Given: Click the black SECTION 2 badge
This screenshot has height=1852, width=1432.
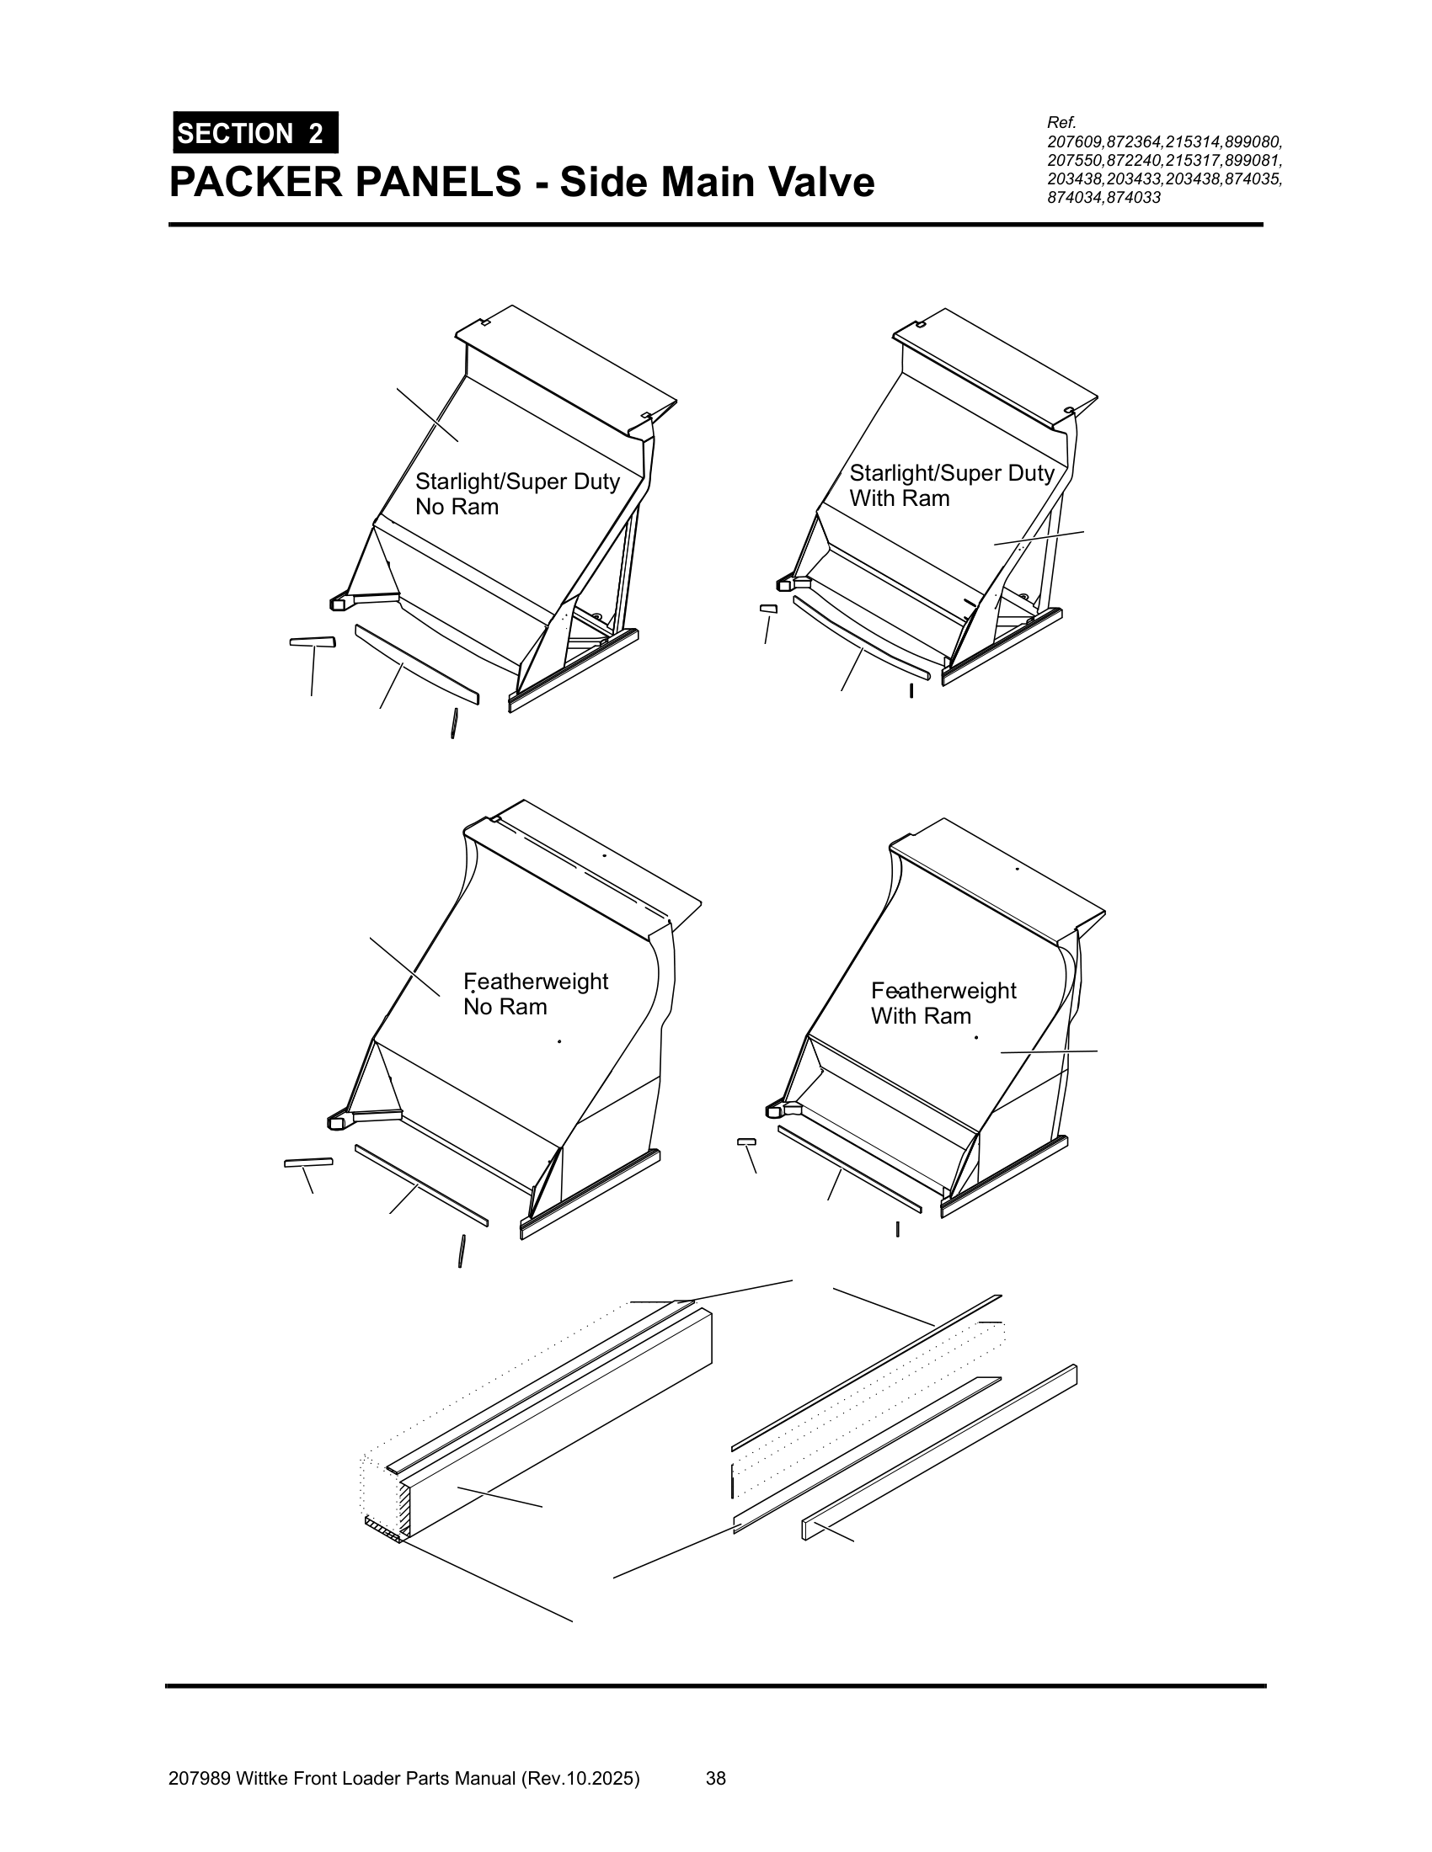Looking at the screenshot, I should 255,133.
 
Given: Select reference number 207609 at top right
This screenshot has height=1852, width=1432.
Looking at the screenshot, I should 1077,141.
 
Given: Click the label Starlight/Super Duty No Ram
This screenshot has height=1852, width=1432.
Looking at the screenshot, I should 516,493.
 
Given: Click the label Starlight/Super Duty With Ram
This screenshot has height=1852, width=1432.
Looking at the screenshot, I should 951,485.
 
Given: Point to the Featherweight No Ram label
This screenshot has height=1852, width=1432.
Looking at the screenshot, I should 535,993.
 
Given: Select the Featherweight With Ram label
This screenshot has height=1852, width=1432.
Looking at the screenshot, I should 943,1003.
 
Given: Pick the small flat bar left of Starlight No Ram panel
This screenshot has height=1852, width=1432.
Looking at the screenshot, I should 313,642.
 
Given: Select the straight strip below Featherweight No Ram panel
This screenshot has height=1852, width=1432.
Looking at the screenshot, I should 421,1184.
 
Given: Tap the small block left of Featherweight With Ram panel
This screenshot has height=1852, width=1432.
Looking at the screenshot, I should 746,1142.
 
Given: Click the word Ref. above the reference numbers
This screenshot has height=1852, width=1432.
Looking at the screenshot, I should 1061,124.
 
